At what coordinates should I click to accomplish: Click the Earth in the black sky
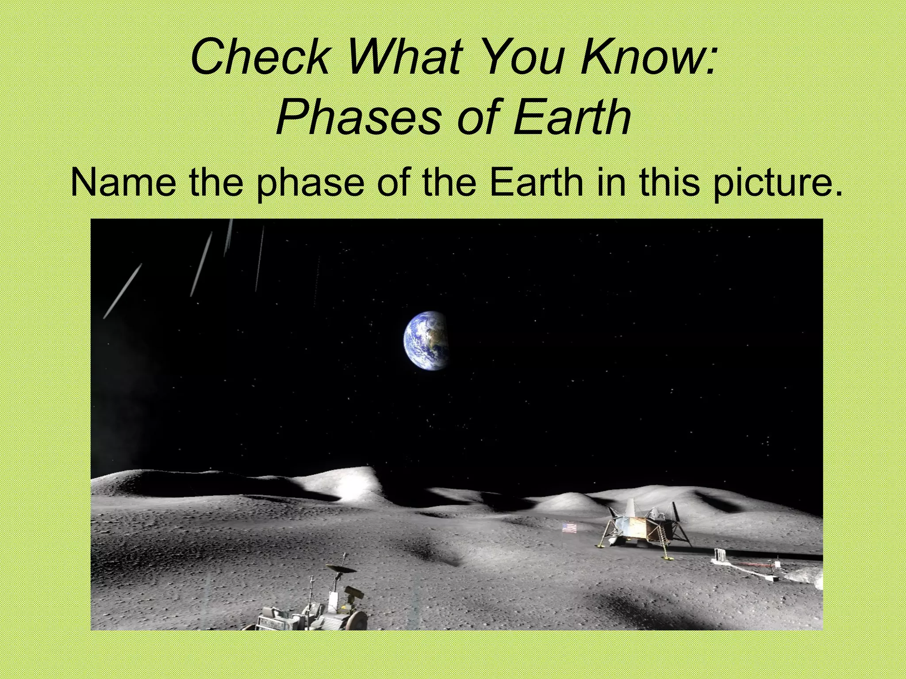pos(426,339)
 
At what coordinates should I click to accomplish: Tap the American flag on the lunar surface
pos(569,528)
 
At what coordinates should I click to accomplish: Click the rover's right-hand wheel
pos(357,619)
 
